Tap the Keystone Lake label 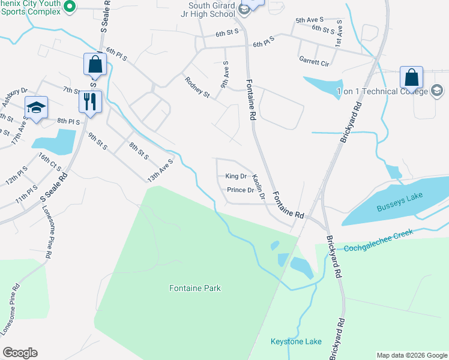(x=296, y=341)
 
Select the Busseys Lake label (x=396, y=208)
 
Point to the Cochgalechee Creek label (x=384, y=246)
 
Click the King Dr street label (x=236, y=176)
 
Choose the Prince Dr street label (x=240, y=190)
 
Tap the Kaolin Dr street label (x=259, y=183)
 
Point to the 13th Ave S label (x=161, y=170)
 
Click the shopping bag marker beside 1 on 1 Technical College (x=412, y=77)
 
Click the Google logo (x=20, y=353)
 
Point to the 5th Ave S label (x=309, y=20)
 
